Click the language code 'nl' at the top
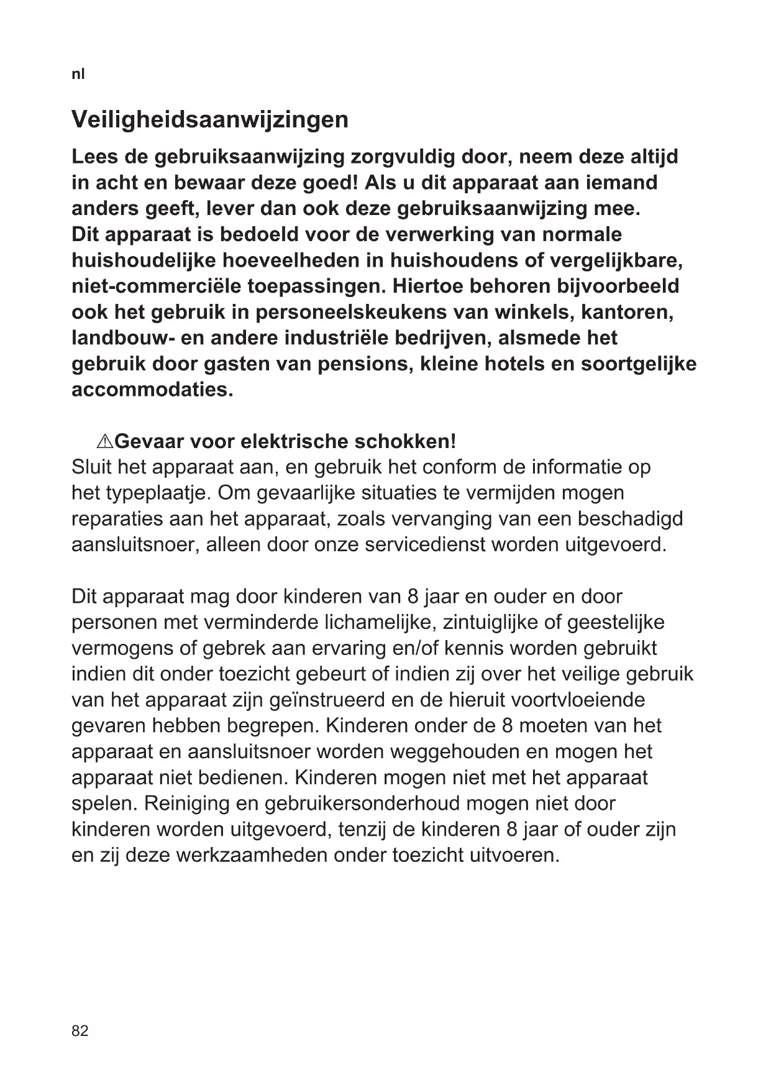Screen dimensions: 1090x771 click(78, 74)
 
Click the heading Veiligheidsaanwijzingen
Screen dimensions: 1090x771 click(210, 119)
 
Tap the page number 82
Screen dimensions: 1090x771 click(80, 1031)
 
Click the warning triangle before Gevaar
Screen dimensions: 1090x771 click(104, 442)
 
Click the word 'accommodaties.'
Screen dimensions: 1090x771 click(152, 390)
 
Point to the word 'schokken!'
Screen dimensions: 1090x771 click(405, 442)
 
